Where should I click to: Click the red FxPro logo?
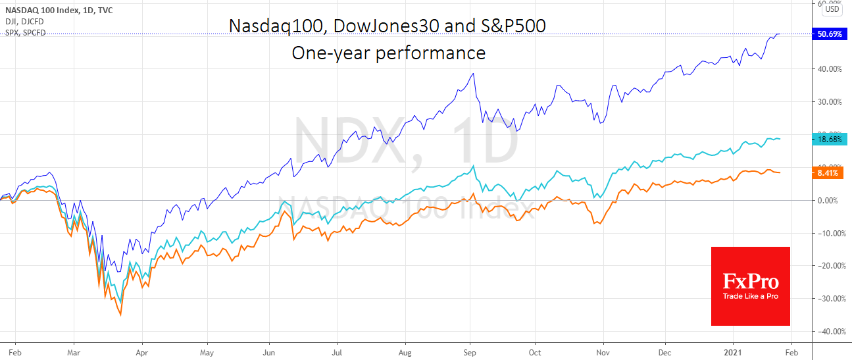[x=750, y=286]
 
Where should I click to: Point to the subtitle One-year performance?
[x=388, y=53]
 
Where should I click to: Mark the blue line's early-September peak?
[x=474, y=73]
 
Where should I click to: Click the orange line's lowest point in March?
[x=120, y=315]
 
